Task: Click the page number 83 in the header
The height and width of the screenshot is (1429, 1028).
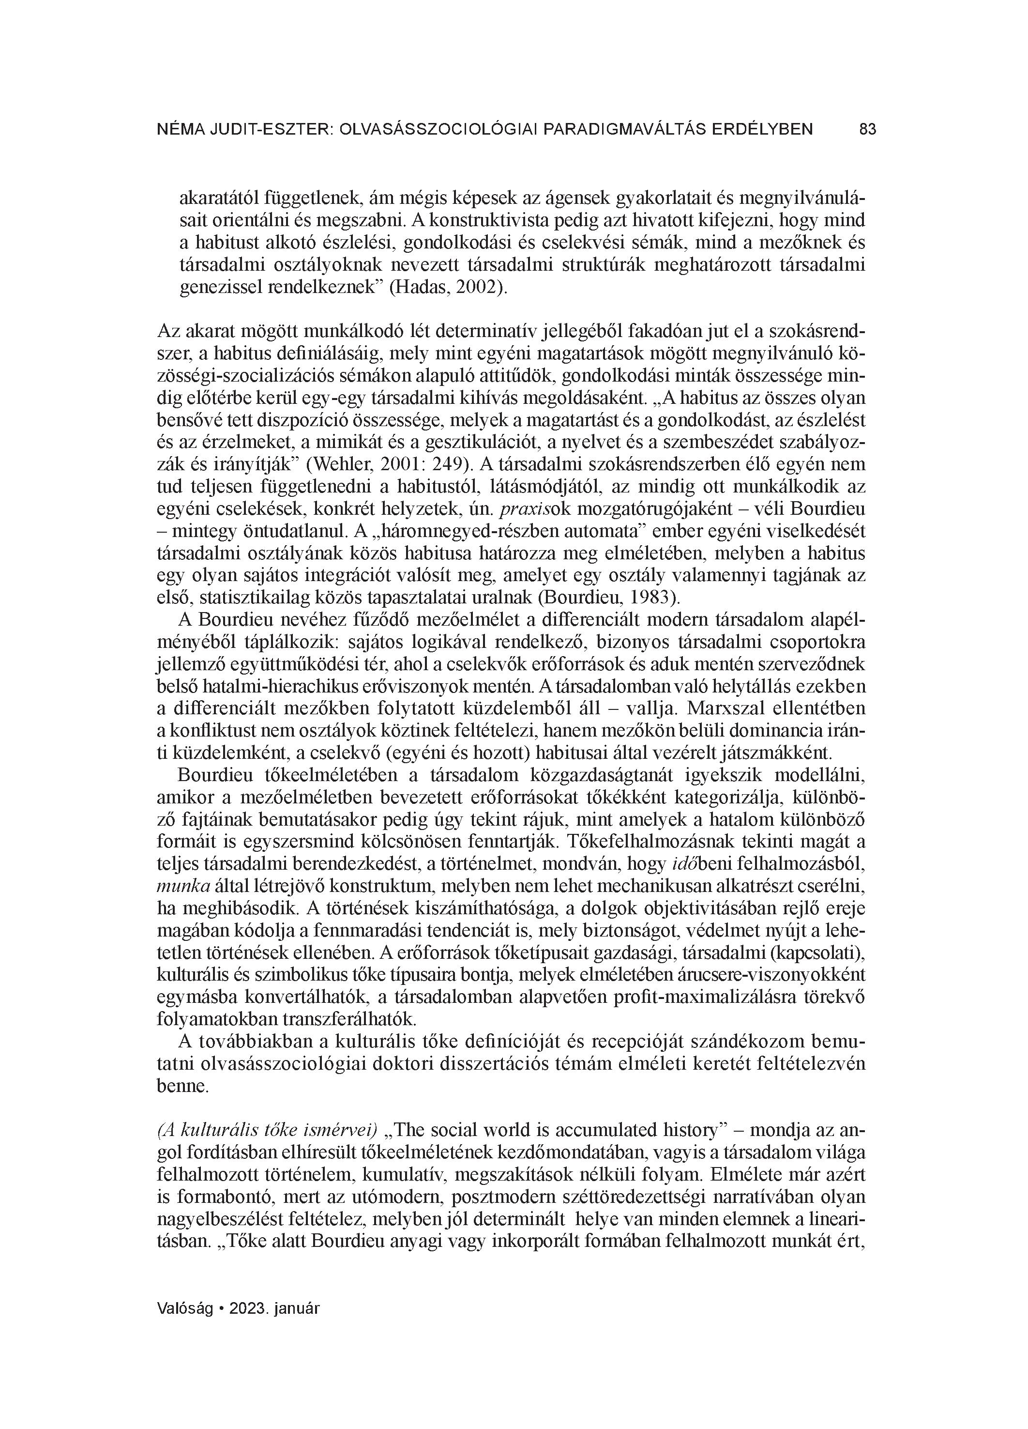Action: tap(867, 130)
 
